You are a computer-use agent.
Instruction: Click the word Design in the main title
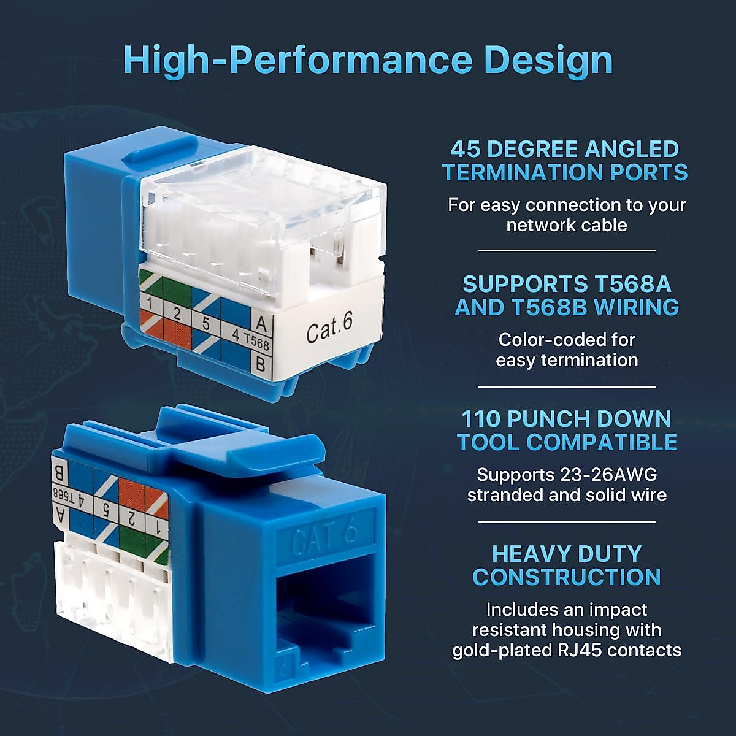click(548, 60)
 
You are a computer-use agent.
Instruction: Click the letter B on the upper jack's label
click(260, 364)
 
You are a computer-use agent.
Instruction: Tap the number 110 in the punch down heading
click(481, 419)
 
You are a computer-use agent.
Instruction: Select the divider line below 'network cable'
click(567, 251)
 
